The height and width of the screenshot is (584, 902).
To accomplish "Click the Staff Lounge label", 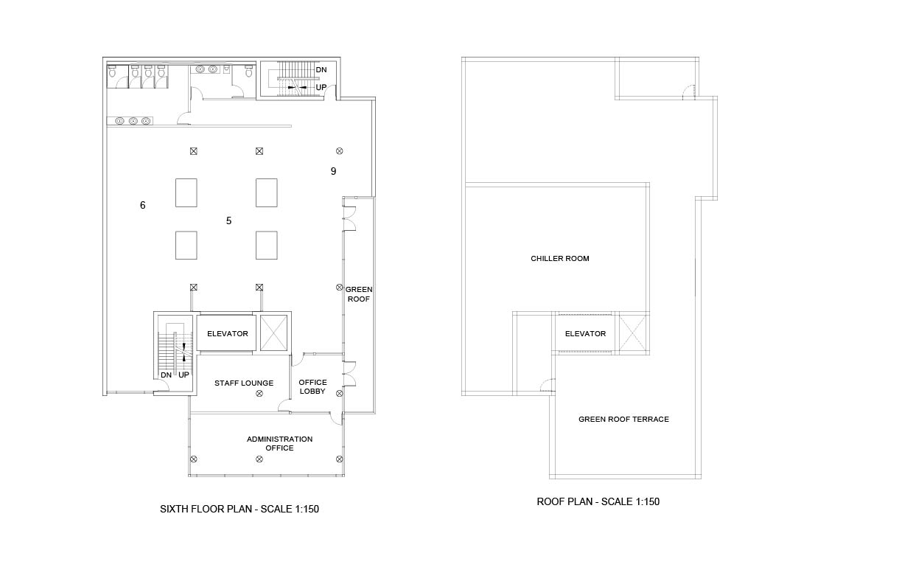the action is pyautogui.click(x=244, y=383).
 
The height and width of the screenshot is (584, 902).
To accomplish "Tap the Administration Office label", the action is pyautogui.click(x=279, y=443).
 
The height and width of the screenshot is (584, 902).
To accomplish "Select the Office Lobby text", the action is pyautogui.click(x=312, y=386).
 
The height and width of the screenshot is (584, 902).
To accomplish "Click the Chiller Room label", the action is pyautogui.click(x=560, y=258).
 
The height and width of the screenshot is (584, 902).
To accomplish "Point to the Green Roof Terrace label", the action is pyautogui.click(x=623, y=419).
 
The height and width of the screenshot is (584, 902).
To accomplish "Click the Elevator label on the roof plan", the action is pyautogui.click(x=585, y=334).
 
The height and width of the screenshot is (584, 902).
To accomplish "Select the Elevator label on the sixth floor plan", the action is pyautogui.click(x=228, y=334).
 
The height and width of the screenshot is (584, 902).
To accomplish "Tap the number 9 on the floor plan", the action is pyautogui.click(x=333, y=171).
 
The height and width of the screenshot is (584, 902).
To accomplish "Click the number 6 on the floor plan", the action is pyautogui.click(x=142, y=205).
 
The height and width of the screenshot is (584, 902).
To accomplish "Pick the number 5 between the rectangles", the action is pyautogui.click(x=228, y=220).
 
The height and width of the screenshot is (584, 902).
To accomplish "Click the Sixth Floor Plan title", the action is pyautogui.click(x=240, y=509).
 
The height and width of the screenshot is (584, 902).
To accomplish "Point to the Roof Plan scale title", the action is pyautogui.click(x=598, y=501).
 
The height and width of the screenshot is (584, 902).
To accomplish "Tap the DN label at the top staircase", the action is pyautogui.click(x=321, y=70).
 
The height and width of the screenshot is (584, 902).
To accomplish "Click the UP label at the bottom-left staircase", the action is pyautogui.click(x=183, y=375).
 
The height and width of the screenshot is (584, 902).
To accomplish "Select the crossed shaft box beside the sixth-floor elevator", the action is pyautogui.click(x=274, y=333).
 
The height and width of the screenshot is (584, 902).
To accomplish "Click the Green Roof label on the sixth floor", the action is pyautogui.click(x=359, y=294).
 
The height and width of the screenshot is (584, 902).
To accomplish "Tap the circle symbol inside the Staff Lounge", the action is pyautogui.click(x=259, y=393).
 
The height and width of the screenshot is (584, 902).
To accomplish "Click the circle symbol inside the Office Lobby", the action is pyautogui.click(x=340, y=393).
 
